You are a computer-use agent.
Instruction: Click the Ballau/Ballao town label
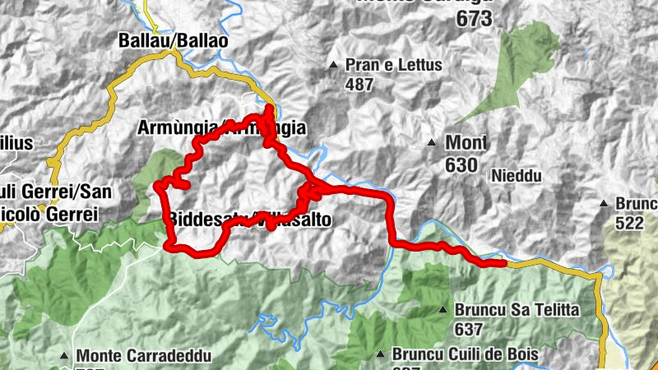(173, 39)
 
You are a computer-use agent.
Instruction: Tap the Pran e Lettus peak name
(394, 65)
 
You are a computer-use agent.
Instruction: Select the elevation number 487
(359, 84)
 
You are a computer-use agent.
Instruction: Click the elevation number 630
(461, 164)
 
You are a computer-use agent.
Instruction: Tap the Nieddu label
(517, 175)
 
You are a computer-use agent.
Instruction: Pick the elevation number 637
(468, 329)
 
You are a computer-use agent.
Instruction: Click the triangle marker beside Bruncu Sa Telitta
(443, 310)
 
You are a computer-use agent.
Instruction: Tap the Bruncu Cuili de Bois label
(465, 354)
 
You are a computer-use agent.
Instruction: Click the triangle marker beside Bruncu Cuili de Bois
(379, 354)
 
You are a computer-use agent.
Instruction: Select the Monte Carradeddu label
(144, 356)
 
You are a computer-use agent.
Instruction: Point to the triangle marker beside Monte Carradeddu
(64, 356)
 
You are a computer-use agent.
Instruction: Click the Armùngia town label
(222, 128)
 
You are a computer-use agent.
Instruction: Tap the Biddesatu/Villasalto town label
(250, 220)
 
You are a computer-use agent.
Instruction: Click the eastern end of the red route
(503, 263)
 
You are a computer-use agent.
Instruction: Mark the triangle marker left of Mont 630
(432, 144)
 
